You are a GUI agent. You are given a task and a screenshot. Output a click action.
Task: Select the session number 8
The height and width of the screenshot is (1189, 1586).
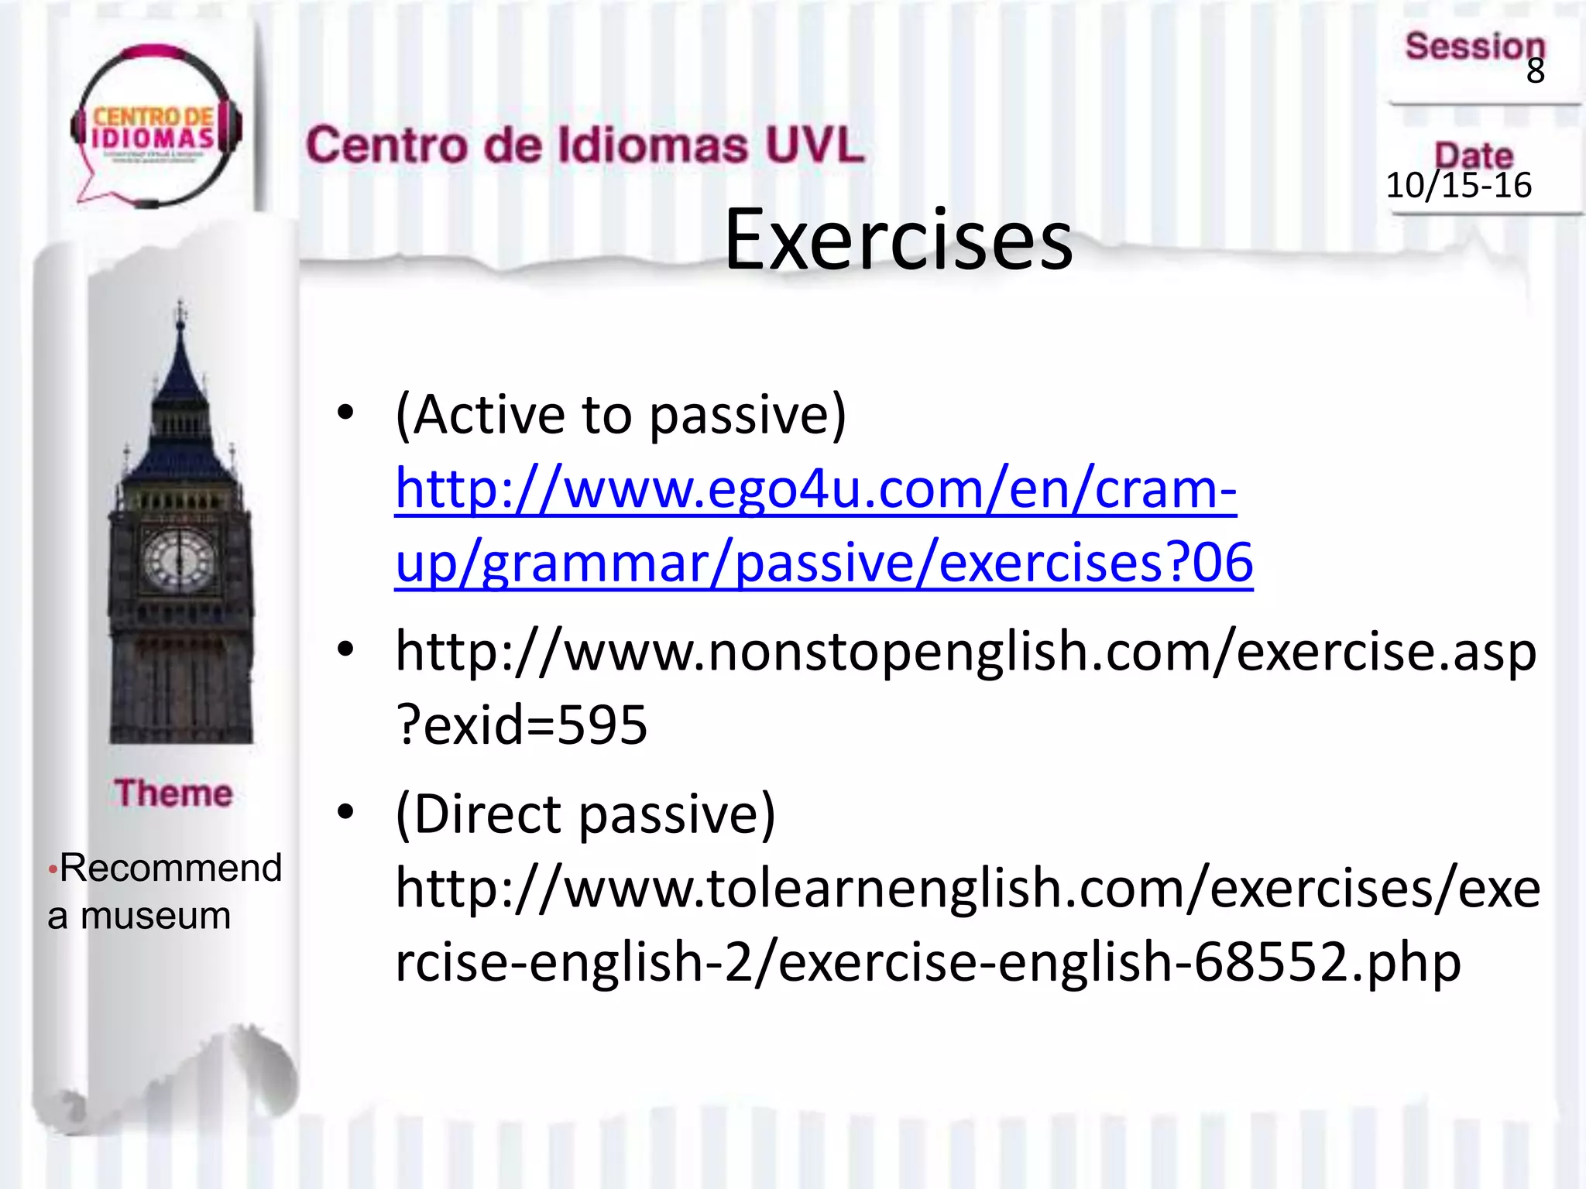coord(1535,71)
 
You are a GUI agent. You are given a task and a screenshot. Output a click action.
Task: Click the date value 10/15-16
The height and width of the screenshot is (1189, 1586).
coord(1458,186)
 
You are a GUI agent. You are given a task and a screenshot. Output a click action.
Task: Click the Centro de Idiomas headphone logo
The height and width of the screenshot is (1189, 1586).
coord(155,128)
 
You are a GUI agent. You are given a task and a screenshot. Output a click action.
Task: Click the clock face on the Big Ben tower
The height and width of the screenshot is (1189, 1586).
coord(180,559)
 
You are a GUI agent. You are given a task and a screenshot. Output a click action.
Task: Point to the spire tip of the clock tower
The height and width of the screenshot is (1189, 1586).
coord(180,306)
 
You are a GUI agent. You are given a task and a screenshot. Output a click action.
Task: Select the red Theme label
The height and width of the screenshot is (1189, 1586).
coord(173,793)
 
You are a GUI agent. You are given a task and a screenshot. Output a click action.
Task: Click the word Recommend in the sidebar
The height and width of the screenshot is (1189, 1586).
coord(170,868)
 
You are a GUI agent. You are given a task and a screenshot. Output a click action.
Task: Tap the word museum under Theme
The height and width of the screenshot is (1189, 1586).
coord(156,916)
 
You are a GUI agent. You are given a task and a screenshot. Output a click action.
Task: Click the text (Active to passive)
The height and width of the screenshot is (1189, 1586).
coord(620,416)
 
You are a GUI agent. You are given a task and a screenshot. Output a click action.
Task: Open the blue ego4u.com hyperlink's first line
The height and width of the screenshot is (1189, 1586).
coord(815,489)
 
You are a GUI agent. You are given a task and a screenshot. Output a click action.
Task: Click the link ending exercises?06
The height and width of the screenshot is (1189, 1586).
coord(823,563)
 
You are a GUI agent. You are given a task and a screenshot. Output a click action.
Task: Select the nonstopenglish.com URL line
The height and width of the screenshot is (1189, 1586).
coord(965,652)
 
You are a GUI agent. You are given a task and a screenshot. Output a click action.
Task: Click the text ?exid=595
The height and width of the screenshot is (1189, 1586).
coord(521,725)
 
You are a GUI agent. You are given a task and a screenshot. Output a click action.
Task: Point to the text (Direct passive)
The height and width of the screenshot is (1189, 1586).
coord(585,814)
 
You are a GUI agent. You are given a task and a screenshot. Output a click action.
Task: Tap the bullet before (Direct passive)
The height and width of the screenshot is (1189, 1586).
coord(345,813)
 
